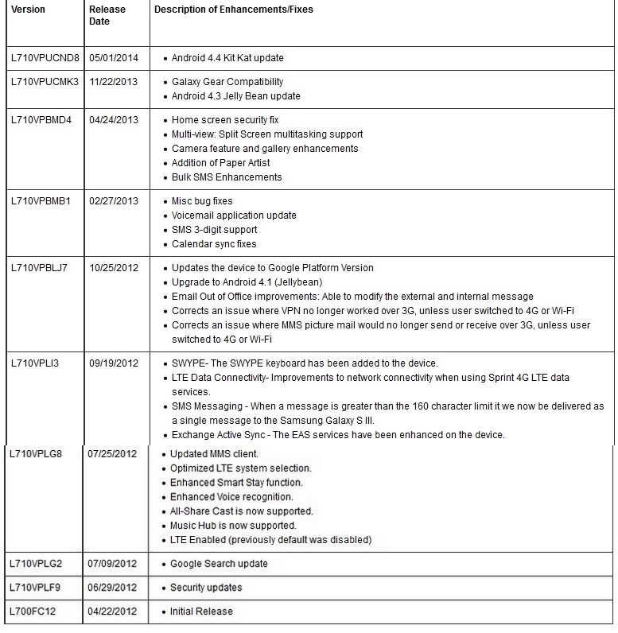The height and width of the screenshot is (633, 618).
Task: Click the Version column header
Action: coord(28,10)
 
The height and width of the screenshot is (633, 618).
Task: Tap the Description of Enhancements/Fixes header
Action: coord(233,10)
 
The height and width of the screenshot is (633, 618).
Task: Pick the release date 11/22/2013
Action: coord(113,82)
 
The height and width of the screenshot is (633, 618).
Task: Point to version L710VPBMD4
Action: coord(41,120)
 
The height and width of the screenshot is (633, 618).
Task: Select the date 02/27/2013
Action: coord(113,201)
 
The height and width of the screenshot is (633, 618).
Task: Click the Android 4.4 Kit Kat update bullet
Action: coord(227,58)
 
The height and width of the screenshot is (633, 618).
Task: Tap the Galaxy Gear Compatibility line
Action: coord(227,82)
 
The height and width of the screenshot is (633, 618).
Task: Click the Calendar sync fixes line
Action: coord(214,244)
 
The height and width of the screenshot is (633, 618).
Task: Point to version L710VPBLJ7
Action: coord(40,268)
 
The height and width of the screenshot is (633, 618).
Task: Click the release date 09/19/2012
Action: coord(113,363)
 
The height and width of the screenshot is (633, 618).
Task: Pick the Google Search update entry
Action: coord(219,564)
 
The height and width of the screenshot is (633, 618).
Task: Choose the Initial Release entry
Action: coord(202,612)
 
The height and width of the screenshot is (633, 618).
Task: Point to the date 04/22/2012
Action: coord(113,612)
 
